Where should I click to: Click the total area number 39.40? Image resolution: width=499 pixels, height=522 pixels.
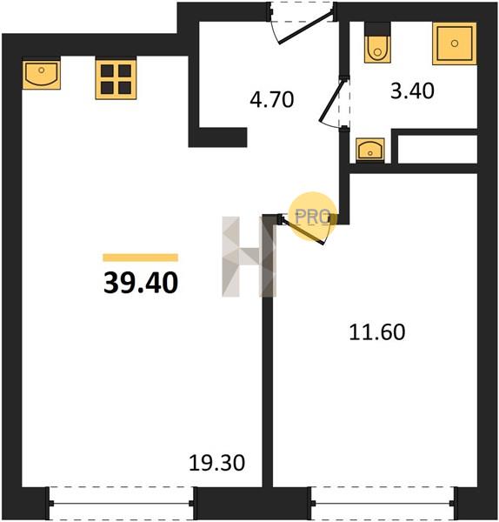pos(141,283)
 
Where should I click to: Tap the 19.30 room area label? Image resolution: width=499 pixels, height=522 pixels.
pos(216,463)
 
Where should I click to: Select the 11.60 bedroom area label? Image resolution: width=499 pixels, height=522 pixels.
pos(377,332)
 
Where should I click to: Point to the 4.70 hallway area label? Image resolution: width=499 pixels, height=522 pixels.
pos(272,99)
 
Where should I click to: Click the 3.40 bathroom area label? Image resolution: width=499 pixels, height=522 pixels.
pos(412,90)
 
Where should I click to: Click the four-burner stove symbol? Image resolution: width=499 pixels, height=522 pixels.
pos(116,79)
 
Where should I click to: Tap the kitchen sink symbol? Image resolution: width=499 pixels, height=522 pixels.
pos(42,75)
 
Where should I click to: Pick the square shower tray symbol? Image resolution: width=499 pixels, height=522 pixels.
pos(455,43)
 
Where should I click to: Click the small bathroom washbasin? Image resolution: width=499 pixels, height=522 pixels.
pos(370,150)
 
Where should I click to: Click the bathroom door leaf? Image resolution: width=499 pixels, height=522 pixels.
pos(331,101)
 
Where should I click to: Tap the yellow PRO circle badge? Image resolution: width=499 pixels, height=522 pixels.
pos(312,216)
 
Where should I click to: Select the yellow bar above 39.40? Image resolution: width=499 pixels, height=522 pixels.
pos(140,258)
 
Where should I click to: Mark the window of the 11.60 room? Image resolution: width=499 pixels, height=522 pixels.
pos(383,503)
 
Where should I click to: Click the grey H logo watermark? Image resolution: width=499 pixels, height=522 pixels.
pos(249,257)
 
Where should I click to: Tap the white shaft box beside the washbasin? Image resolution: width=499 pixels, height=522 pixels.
pos(437,150)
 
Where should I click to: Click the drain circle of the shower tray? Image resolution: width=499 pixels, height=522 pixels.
pos(455,43)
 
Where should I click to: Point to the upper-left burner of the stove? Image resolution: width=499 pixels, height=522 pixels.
pos(107,70)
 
